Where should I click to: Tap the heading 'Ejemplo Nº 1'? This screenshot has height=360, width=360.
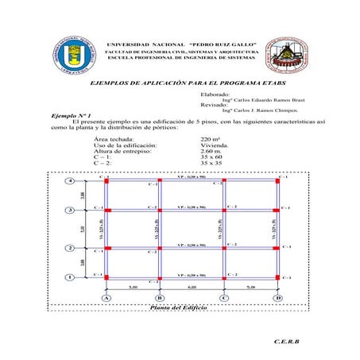72,114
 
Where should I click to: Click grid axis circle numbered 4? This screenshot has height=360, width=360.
72,181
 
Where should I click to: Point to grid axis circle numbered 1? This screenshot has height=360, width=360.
72,277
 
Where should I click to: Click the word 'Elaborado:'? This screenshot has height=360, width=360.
215,95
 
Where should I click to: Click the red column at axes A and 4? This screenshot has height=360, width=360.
107,181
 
